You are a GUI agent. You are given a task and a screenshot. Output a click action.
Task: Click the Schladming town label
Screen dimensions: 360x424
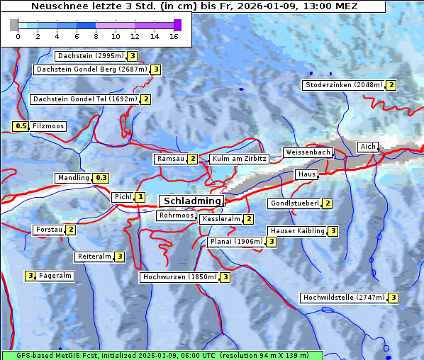pos(191,201)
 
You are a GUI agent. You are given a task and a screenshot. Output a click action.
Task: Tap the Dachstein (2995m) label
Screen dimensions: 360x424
pos(90,55)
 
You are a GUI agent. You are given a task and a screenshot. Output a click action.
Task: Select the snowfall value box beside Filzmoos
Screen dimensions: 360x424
pos(21,126)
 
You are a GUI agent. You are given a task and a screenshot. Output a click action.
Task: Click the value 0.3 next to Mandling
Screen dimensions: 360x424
pos(101,178)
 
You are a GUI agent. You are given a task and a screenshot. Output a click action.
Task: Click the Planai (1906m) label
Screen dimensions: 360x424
pos(236,242)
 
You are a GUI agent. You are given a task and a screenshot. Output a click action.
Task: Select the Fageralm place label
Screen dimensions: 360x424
pos(55,276)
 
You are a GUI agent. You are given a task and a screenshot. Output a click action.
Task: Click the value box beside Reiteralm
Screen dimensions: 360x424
pos(120,257)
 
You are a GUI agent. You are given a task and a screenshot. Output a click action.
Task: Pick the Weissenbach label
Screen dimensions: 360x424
pos(307,152)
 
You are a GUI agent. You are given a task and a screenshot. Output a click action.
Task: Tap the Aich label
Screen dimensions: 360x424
pos(368,147)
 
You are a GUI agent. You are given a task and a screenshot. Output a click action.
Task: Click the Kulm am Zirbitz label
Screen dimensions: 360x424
pos(239,159)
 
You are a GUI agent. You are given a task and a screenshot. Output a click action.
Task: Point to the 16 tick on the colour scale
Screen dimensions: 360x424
pos(173,35)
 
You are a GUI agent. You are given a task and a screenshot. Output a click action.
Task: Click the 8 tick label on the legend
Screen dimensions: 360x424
pos(96,35)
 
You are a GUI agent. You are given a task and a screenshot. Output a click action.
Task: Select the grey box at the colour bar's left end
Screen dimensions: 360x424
pos(14,25)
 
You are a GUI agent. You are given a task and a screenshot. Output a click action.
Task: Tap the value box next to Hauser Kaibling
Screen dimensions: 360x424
pos(333,231)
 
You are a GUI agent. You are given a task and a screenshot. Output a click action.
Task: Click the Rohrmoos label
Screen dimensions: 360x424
pos(176,215)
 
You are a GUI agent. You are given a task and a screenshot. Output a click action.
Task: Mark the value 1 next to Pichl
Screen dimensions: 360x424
pos(140,197)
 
